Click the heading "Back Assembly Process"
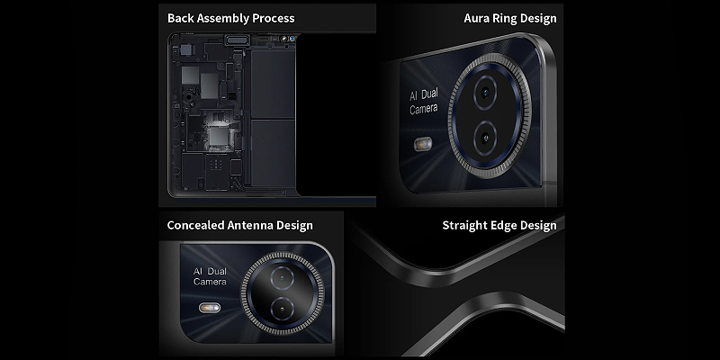click(x=231, y=18)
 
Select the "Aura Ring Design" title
click(x=510, y=18)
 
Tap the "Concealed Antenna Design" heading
click(x=239, y=226)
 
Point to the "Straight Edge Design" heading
click(x=499, y=226)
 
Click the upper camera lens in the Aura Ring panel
click(x=485, y=94)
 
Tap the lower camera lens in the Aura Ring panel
click(x=485, y=138)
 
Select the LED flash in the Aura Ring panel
click(x=423, y=145)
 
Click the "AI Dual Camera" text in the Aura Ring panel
click(x=423, y=102)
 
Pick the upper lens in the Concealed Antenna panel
click(x=282, y=277)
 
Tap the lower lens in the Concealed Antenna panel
click(x=282, y=308)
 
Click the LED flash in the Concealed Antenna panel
click(x=210, y=308)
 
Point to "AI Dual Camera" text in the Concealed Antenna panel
click(x=210, y=276)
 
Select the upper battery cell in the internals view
click(x=273, y=84)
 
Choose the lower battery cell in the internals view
click(x=273, y=153)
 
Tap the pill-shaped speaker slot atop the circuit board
click(x=237, y=40)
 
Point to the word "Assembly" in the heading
click(x=231, y=19)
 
